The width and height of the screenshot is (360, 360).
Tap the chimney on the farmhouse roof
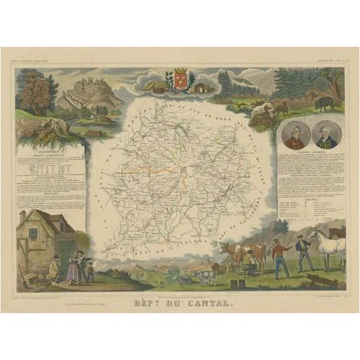coord(24,218)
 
